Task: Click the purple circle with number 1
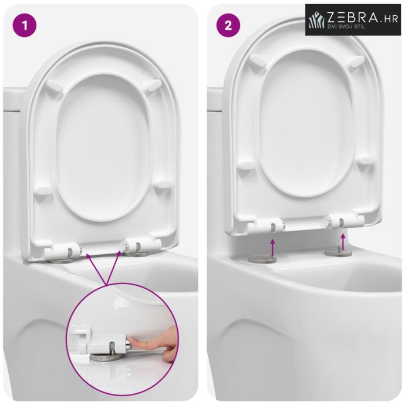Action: tap(25, 25)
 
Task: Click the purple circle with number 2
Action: tap(228, 25)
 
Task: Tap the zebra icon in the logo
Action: tap(317, 20)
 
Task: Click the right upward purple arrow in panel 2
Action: tap(343, 242)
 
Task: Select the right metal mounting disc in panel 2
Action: tap(339, 252)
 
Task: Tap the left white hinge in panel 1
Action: tap(63, 251)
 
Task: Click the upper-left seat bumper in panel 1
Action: tap(55, 86)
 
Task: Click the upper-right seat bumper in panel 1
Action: tap(153, 86)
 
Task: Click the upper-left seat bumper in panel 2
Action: tap(259, 61)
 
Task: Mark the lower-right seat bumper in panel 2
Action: tap(366, 161)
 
